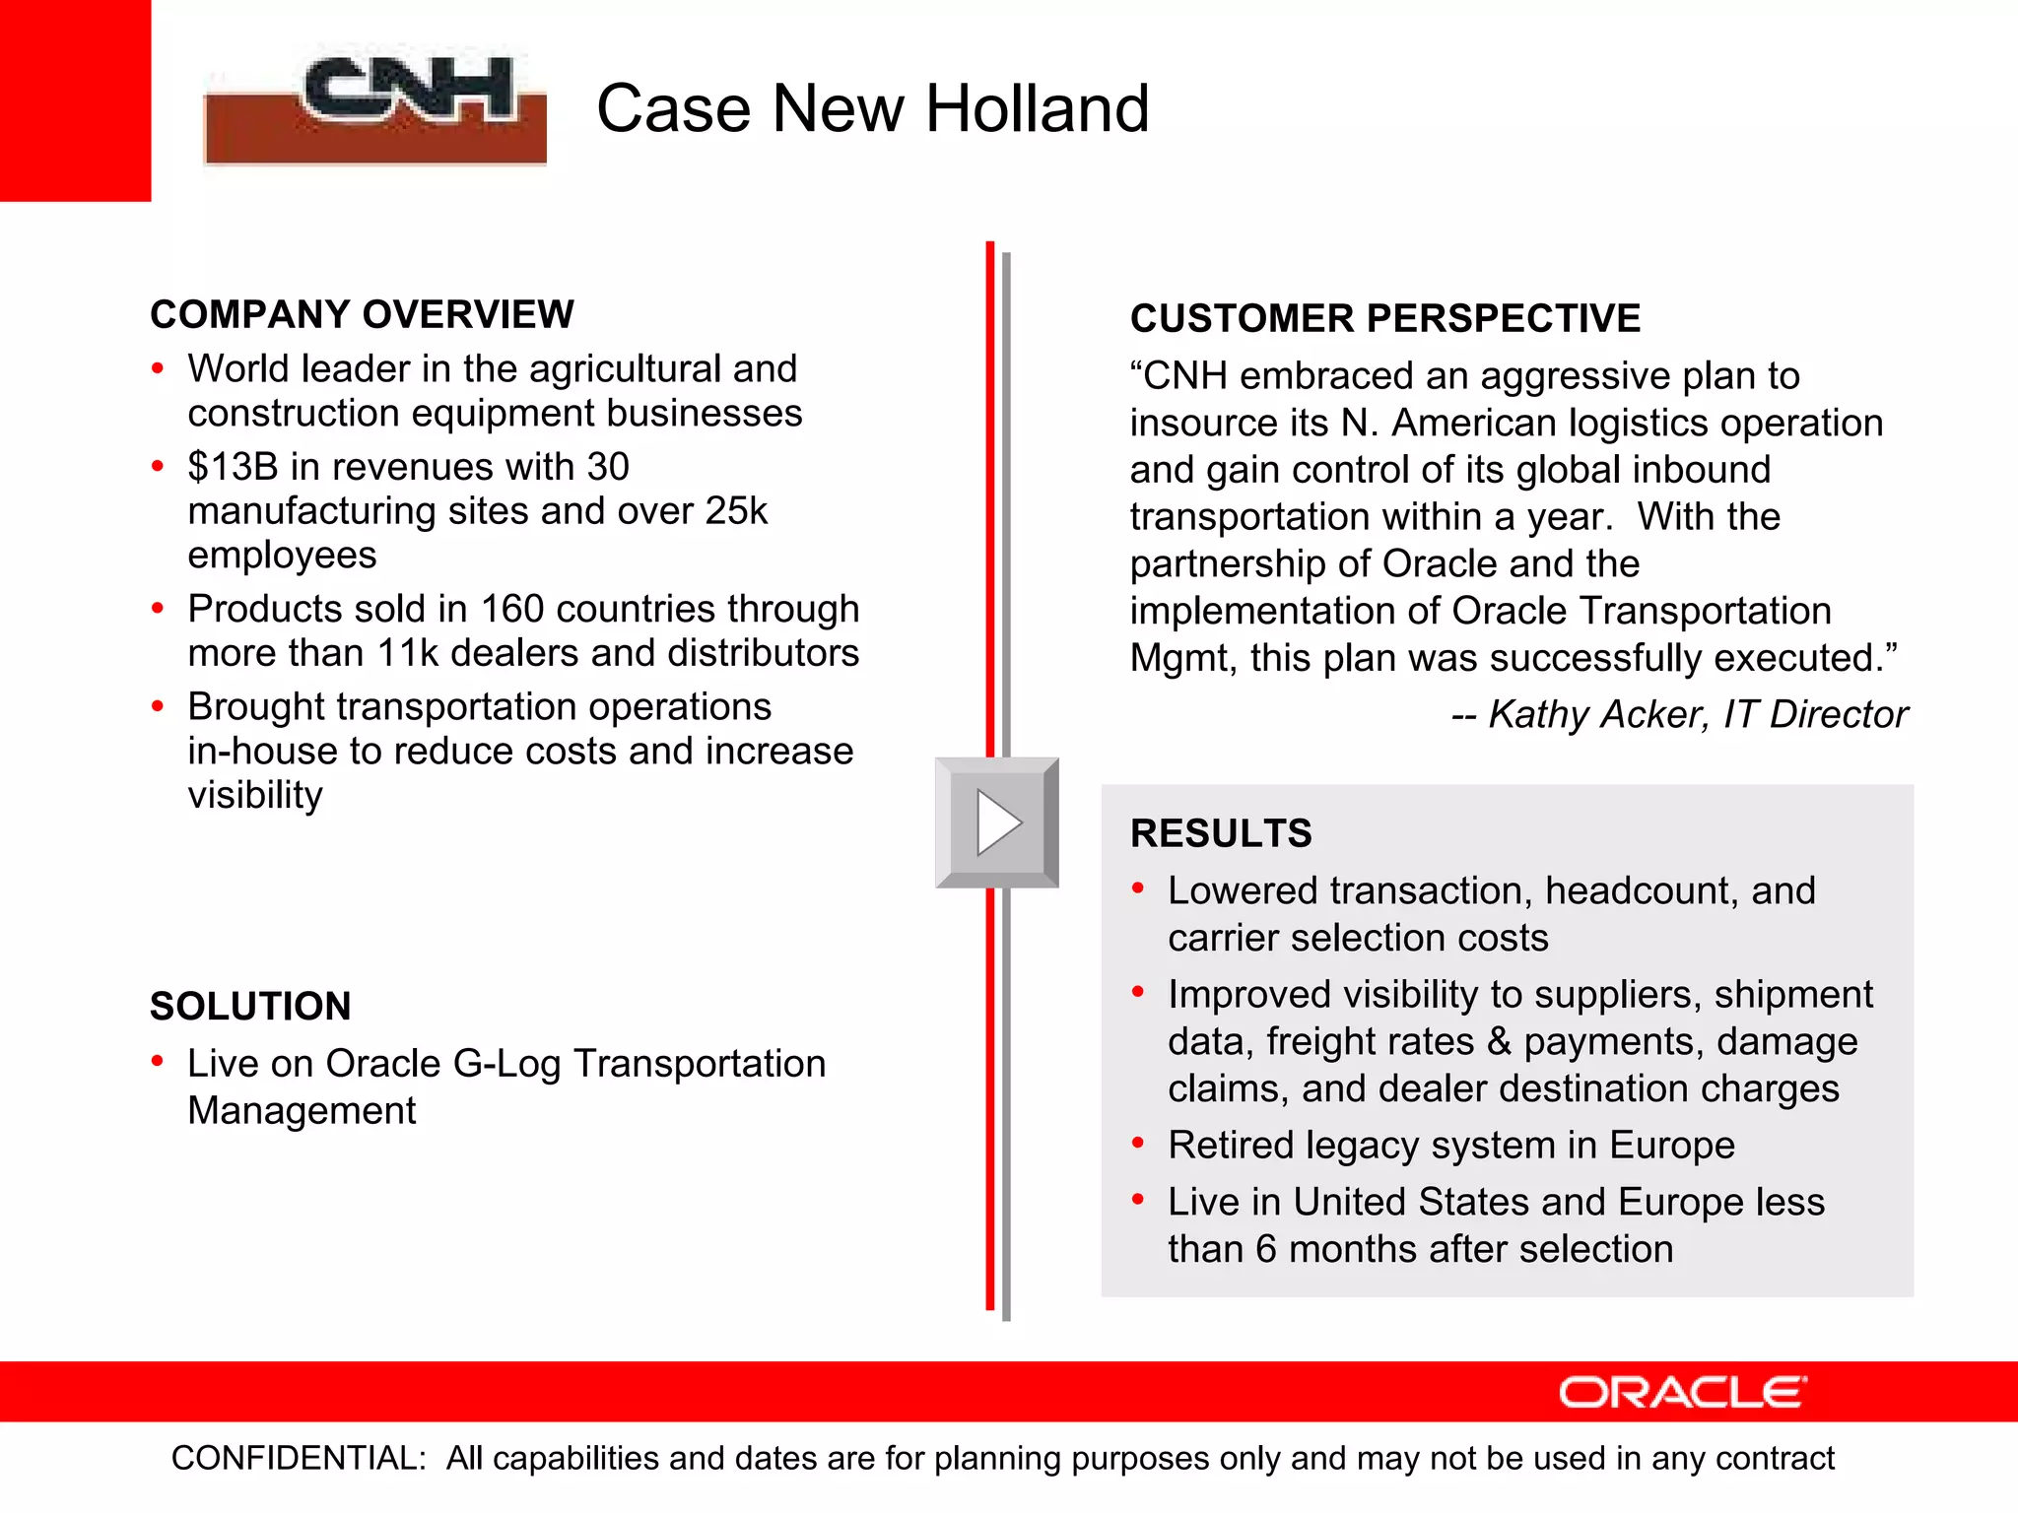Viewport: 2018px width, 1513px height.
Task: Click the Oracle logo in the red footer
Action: coord(1682,1392)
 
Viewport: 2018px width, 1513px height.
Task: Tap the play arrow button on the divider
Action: coord(997,822)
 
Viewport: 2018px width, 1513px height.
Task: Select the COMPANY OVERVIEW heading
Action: coord(362,315)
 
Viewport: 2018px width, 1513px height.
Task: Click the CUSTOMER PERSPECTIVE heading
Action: coord(1384,319)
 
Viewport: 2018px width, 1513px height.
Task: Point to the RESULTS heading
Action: coord(1220,833)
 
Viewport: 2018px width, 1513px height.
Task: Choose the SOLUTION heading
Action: coord(250,1007)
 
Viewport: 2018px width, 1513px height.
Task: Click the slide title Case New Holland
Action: coord(872,108)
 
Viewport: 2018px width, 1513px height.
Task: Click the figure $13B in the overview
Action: coord(233,467)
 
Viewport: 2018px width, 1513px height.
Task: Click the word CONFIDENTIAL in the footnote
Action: coord(298,1459)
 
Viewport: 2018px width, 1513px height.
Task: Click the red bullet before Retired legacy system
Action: coord(1138,1144)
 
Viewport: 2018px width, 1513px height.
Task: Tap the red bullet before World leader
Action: coord(158,369)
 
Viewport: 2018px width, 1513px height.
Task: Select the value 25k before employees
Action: coord(736,511)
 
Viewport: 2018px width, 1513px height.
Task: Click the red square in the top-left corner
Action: coord(75,99)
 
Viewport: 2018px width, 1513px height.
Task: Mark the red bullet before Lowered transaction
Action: coord(1138,889)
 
